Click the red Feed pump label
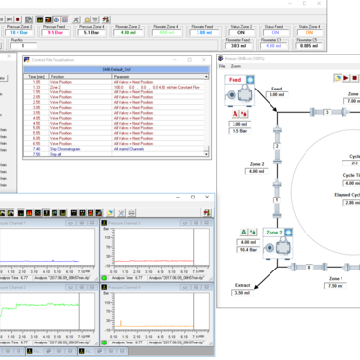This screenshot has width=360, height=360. (x=234, y=80)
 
